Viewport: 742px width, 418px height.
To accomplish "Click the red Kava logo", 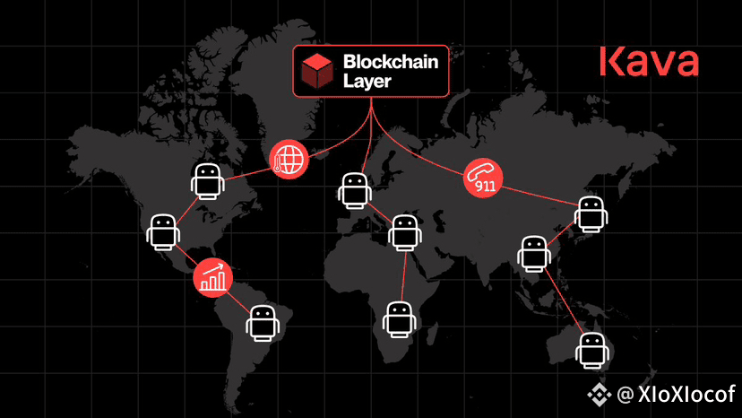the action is click(x=649, y=61).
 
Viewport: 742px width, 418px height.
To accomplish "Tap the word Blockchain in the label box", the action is click(x=391, y=62).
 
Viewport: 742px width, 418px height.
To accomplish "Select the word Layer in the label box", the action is click(x=367, y=81).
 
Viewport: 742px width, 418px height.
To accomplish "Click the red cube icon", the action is click(x=317, y=71).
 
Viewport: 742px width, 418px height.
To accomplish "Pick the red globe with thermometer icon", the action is click(x=289, y=160).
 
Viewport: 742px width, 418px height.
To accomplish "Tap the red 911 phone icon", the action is click(x=483, y=178).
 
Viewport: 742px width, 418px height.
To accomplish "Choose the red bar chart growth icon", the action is click(x=213, y=278).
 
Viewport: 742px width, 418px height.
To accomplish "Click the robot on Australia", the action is click(x=592, y=351).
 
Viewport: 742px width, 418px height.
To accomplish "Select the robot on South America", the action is click(x=263, y=324).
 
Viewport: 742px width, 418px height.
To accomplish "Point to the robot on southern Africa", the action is click(x=400, y=320).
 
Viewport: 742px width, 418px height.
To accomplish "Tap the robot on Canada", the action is click(x=208, y=181).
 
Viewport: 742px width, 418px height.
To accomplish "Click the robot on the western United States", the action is click(x=163, y=232).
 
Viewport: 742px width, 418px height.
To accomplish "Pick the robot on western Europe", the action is click(x=355, y=191).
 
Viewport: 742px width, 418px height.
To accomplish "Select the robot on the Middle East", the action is click(x=405, y=232).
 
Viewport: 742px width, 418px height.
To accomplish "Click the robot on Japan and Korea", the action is click(x=591, y=214).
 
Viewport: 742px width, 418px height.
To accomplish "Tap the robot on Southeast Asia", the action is click(x=534, y=254).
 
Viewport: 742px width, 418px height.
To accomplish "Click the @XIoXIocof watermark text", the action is click(x=677, y=394).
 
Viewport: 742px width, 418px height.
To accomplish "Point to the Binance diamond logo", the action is click(x=600, y=395).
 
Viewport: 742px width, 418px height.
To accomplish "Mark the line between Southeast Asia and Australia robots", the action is click(x=564, y=301).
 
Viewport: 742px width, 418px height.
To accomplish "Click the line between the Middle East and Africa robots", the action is click(x=403, y=276).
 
